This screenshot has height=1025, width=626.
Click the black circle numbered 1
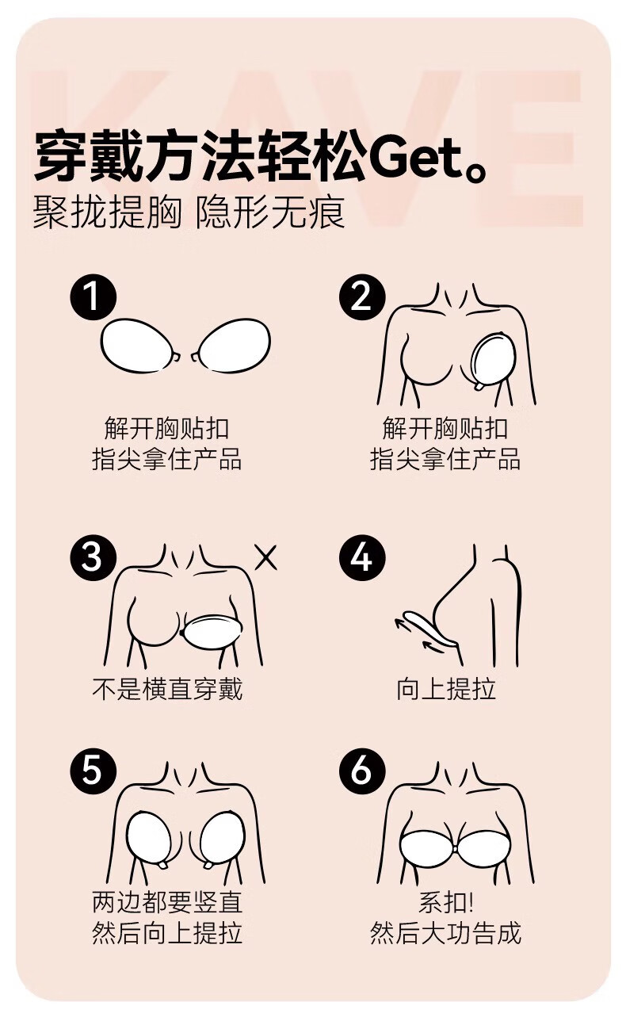[94, 297]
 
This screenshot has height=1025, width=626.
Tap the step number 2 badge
[362, 297]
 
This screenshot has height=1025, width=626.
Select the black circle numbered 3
[94, 557]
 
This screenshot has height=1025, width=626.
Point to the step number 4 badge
[362, 557]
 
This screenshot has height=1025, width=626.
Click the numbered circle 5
[94, 769]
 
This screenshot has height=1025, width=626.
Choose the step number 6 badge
[362, 769]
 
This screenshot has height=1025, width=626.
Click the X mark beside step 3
[266, 557]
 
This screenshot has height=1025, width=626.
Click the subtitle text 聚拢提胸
[108, 212]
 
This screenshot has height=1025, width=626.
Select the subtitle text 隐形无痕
[270, 212]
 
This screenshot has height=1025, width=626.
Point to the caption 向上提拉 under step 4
[446, 689]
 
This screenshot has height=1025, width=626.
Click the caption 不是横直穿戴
[167, 689]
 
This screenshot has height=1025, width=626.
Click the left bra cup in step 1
[139, 346]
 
